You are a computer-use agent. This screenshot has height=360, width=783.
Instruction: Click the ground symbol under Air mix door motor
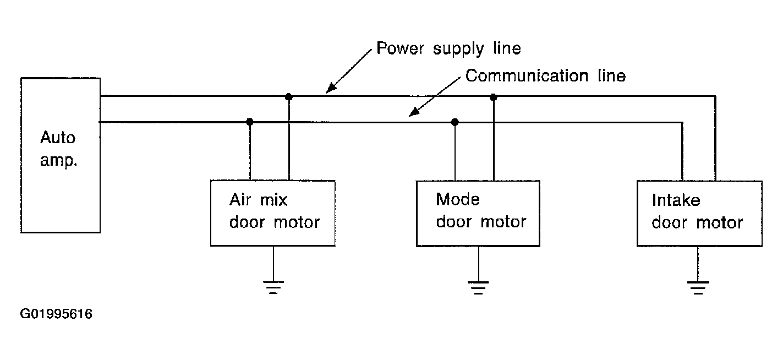click(x=273, y=287)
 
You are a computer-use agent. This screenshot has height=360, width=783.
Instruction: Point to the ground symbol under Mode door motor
click(x=478, y=287)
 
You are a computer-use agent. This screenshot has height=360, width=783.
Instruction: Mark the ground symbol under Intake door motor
click(x=698, y=287)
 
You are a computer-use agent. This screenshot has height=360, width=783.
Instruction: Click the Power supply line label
click(x=448, y=48)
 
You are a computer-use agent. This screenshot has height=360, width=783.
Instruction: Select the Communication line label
click(x=545, y=75)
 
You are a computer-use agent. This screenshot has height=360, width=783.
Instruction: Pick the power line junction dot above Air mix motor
click(x=289, y=96)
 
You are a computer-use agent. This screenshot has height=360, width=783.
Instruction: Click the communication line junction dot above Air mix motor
click(x=250, y=122)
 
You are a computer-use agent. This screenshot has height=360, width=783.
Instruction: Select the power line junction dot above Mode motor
click(x=494, y=97)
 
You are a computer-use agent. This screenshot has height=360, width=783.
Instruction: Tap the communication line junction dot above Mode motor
click(x=455, y=122)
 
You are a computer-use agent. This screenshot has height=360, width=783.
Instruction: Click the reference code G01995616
click(x=56, y=314)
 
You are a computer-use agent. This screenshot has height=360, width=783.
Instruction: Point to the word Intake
click(x=676, y=200)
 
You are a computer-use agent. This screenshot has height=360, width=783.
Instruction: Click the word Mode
click(x=458, y=199)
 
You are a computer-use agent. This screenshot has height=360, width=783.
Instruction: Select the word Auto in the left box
click(x=58, y=138)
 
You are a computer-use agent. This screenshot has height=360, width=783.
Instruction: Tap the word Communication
click(x=527, y=75)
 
